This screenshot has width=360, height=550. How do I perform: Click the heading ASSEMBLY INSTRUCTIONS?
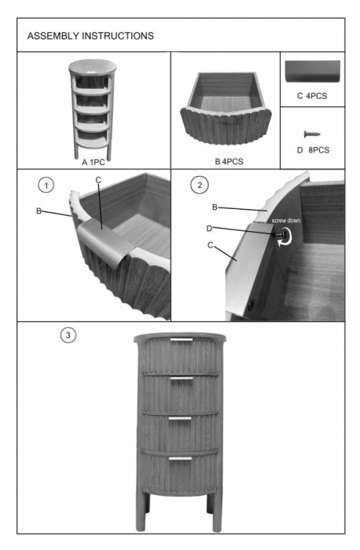pos(90,36)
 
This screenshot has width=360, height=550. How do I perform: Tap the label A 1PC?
pos(94,162)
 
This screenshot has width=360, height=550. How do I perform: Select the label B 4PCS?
pos(229,161)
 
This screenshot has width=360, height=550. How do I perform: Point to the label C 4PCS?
pos(312,96)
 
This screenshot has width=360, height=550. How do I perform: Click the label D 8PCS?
pos(313,150)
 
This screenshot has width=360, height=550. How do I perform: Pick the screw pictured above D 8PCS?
pos(312,134)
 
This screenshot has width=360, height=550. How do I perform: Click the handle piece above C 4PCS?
pos(312,71)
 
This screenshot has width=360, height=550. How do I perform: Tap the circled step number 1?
pos(46,185)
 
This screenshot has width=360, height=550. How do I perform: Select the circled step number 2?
pos(200,185)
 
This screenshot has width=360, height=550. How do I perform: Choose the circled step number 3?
pos(68,335)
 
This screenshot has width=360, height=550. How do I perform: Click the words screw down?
pos(286,221)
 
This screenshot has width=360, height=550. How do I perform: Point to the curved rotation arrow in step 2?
pos(285,236)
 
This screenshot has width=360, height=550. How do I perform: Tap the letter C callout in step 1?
pos(98,180)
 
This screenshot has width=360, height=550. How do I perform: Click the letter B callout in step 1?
pos(39,211)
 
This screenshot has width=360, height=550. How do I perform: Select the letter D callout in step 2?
pos(209,229)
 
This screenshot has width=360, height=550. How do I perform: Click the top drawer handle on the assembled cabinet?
pos(182,339)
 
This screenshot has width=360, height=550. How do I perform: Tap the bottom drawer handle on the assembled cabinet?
pos(180,458)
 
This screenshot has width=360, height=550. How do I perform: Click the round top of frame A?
pos(93,65)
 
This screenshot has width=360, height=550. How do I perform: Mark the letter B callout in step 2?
pos(215,207)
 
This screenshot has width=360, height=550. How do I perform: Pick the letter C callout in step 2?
pos(210,245)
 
